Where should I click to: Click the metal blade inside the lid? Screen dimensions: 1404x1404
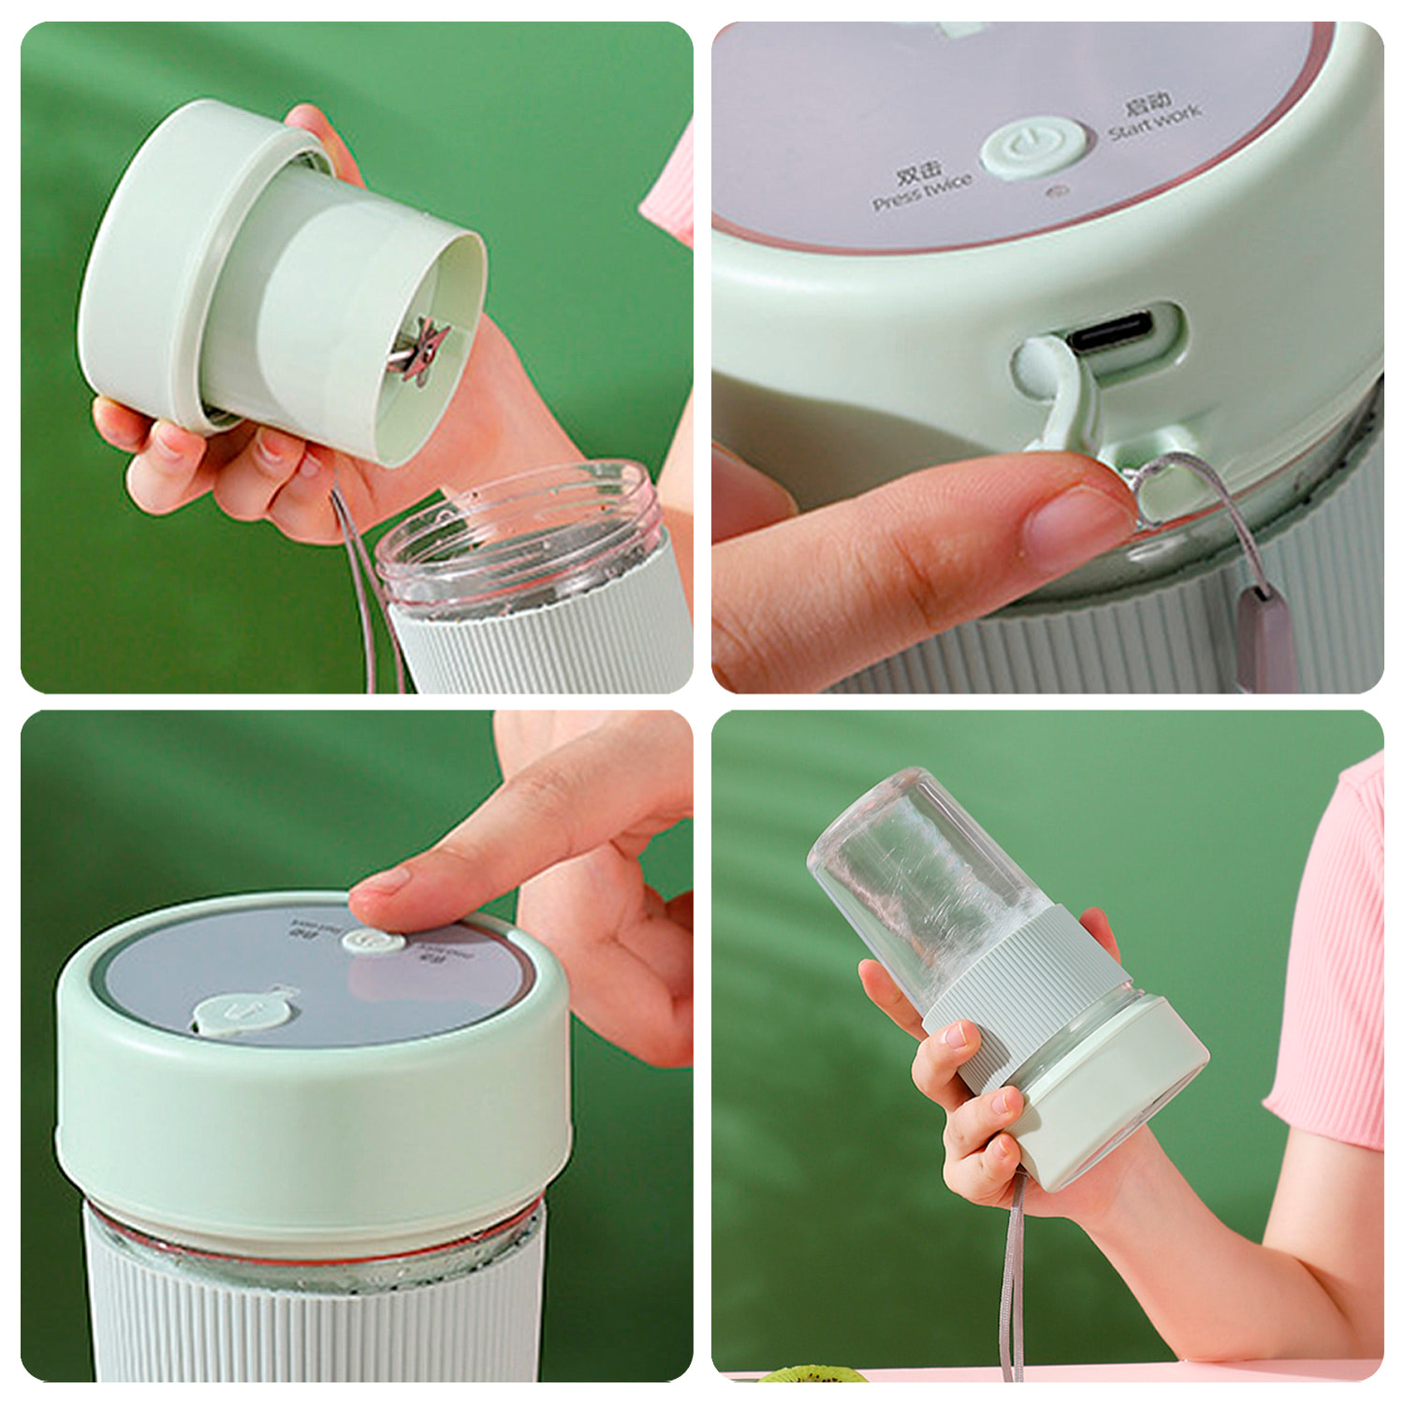pyautogui.click(x=420, y=351)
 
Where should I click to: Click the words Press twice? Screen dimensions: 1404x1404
pyautogui.click(x=921, y=192)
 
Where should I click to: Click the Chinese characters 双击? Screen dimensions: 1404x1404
pyautogui.click(x=918, y=170)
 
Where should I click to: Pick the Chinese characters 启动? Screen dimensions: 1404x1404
pyautogui.click(x=1146, y=102)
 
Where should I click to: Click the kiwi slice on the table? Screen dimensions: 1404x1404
pyautogui.click(x=811, y=1374)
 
